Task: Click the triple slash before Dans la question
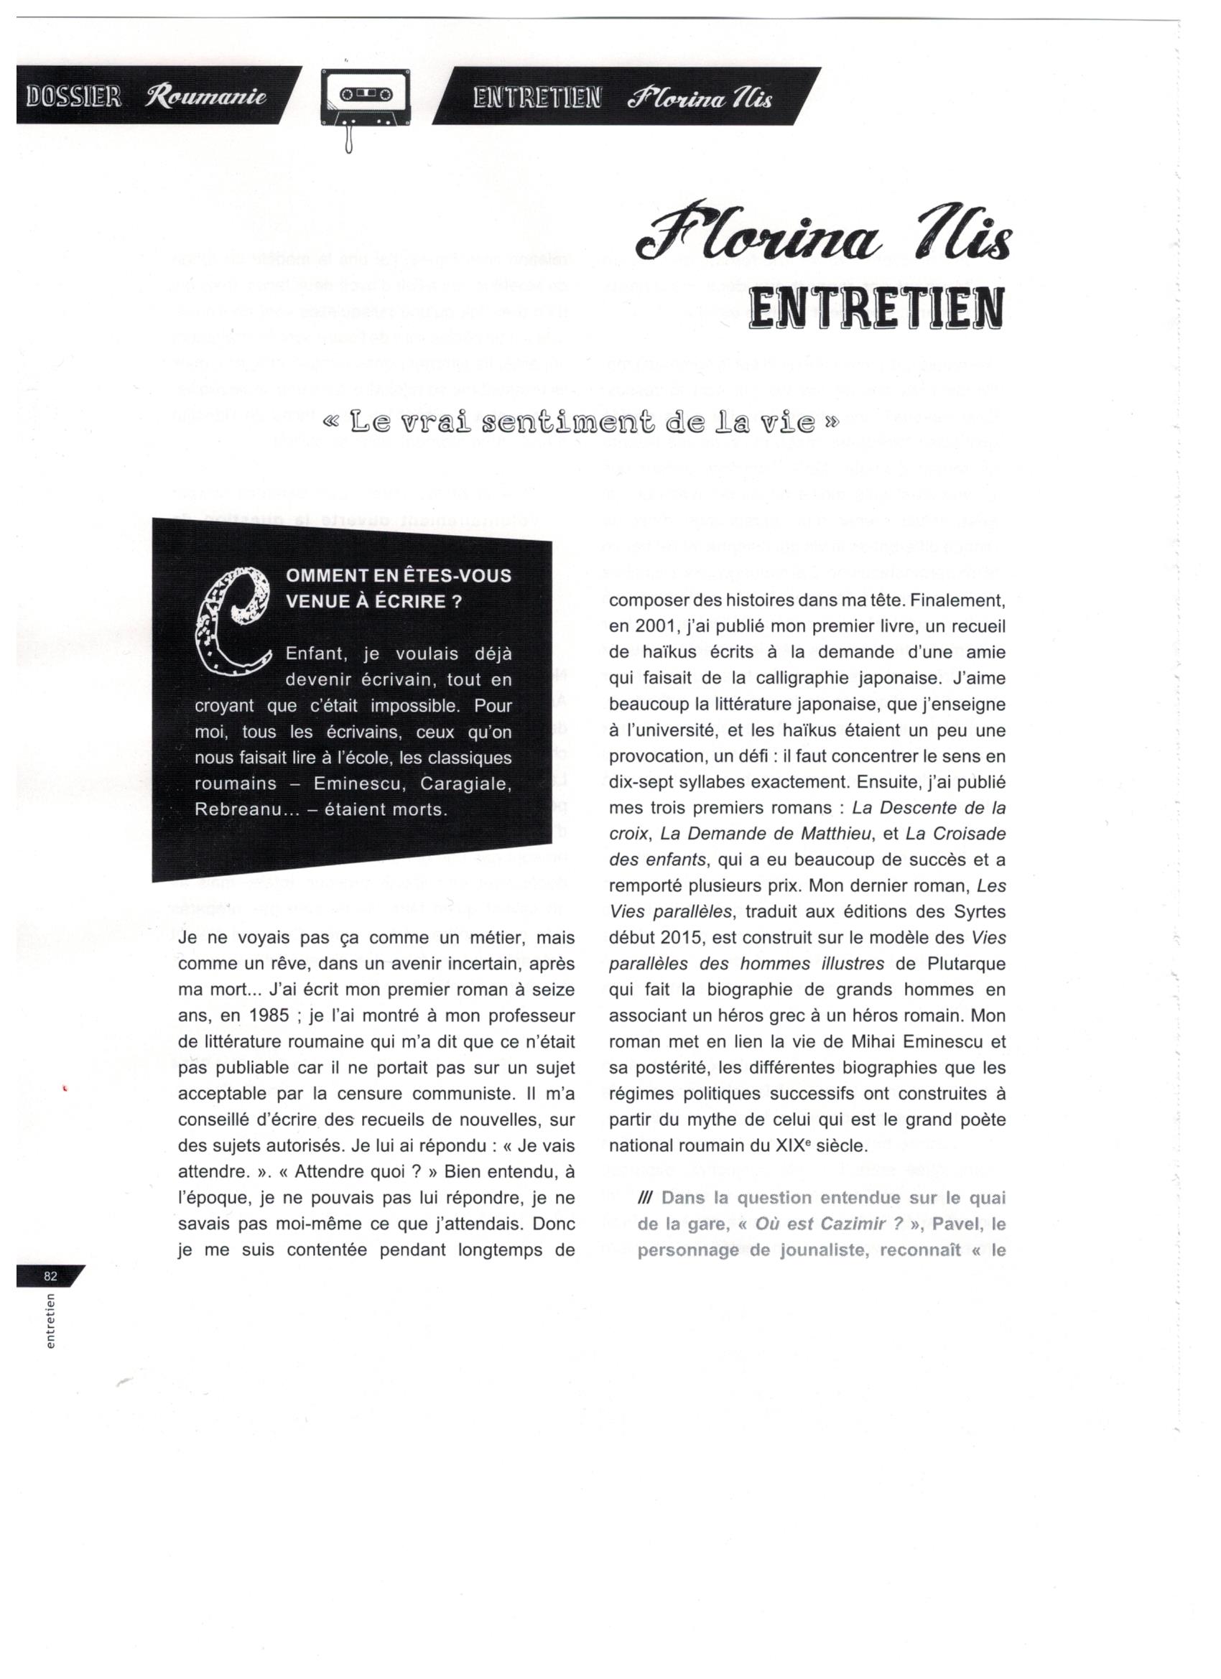pos(645,1198)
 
